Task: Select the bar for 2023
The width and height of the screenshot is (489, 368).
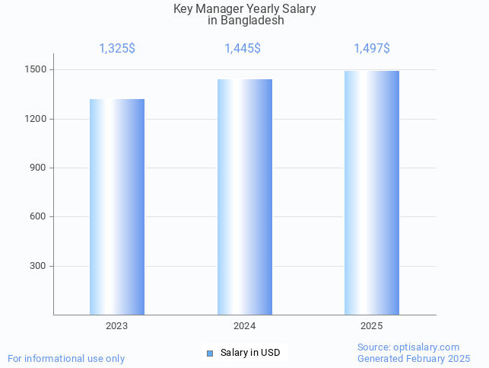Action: (117, 206)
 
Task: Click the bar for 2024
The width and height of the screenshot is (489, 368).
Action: (245, 197)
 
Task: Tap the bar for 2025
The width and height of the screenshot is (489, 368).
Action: (372, 193)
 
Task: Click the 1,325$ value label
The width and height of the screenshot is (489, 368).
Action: (117, 49)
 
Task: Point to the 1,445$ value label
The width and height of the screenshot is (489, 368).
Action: (243, 49)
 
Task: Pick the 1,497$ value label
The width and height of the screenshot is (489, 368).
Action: (372, 49)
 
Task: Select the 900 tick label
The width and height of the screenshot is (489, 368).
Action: (39, 168)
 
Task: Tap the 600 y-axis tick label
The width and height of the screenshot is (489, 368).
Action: (39, 217)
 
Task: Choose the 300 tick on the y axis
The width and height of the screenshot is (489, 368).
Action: (39, 266)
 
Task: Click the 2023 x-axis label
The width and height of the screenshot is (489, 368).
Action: (117, 326)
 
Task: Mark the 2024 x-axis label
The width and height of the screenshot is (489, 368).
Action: (245, 326)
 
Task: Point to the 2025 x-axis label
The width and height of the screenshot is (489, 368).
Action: (372, 326)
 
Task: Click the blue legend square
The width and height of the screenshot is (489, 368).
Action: (210, 353)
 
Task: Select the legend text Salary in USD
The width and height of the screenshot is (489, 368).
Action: (250, 353)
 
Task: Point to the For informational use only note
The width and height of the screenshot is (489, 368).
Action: (66, 358)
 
